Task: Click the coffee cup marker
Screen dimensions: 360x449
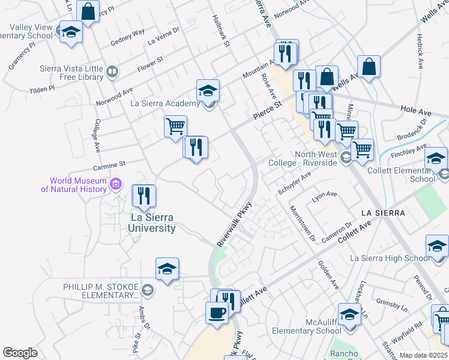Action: click(217, 313)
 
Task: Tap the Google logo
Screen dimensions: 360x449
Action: click(20, 353)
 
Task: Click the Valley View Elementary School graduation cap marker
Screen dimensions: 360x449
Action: click(71, 32)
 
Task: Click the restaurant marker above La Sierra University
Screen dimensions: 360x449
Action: click(143, 196)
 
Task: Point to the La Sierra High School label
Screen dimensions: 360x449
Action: click(389, 259)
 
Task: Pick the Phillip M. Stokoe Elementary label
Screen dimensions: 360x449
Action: click(100, 291)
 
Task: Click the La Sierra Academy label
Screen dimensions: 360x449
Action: click(165, 104)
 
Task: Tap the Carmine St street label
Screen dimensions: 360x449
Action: click(109, 163)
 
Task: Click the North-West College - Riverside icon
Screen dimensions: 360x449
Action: click(345, 158)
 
